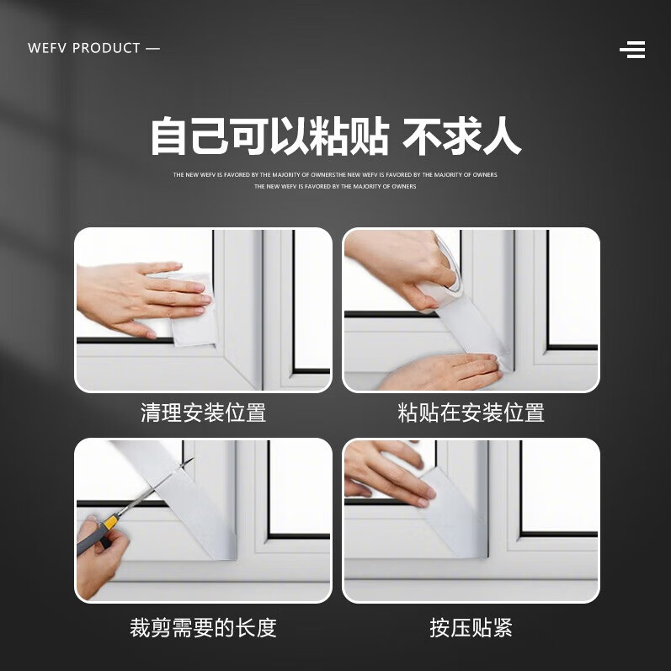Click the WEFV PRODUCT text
tap(93, 48)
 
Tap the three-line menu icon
tap(632, 50)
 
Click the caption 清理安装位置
tap(203, 413)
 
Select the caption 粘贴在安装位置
tap(471, 413)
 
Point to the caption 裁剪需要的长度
tap(203, 627)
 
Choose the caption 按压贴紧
tap(471, 627)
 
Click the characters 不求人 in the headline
tap(461, 136)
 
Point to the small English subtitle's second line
tap(335, 186)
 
